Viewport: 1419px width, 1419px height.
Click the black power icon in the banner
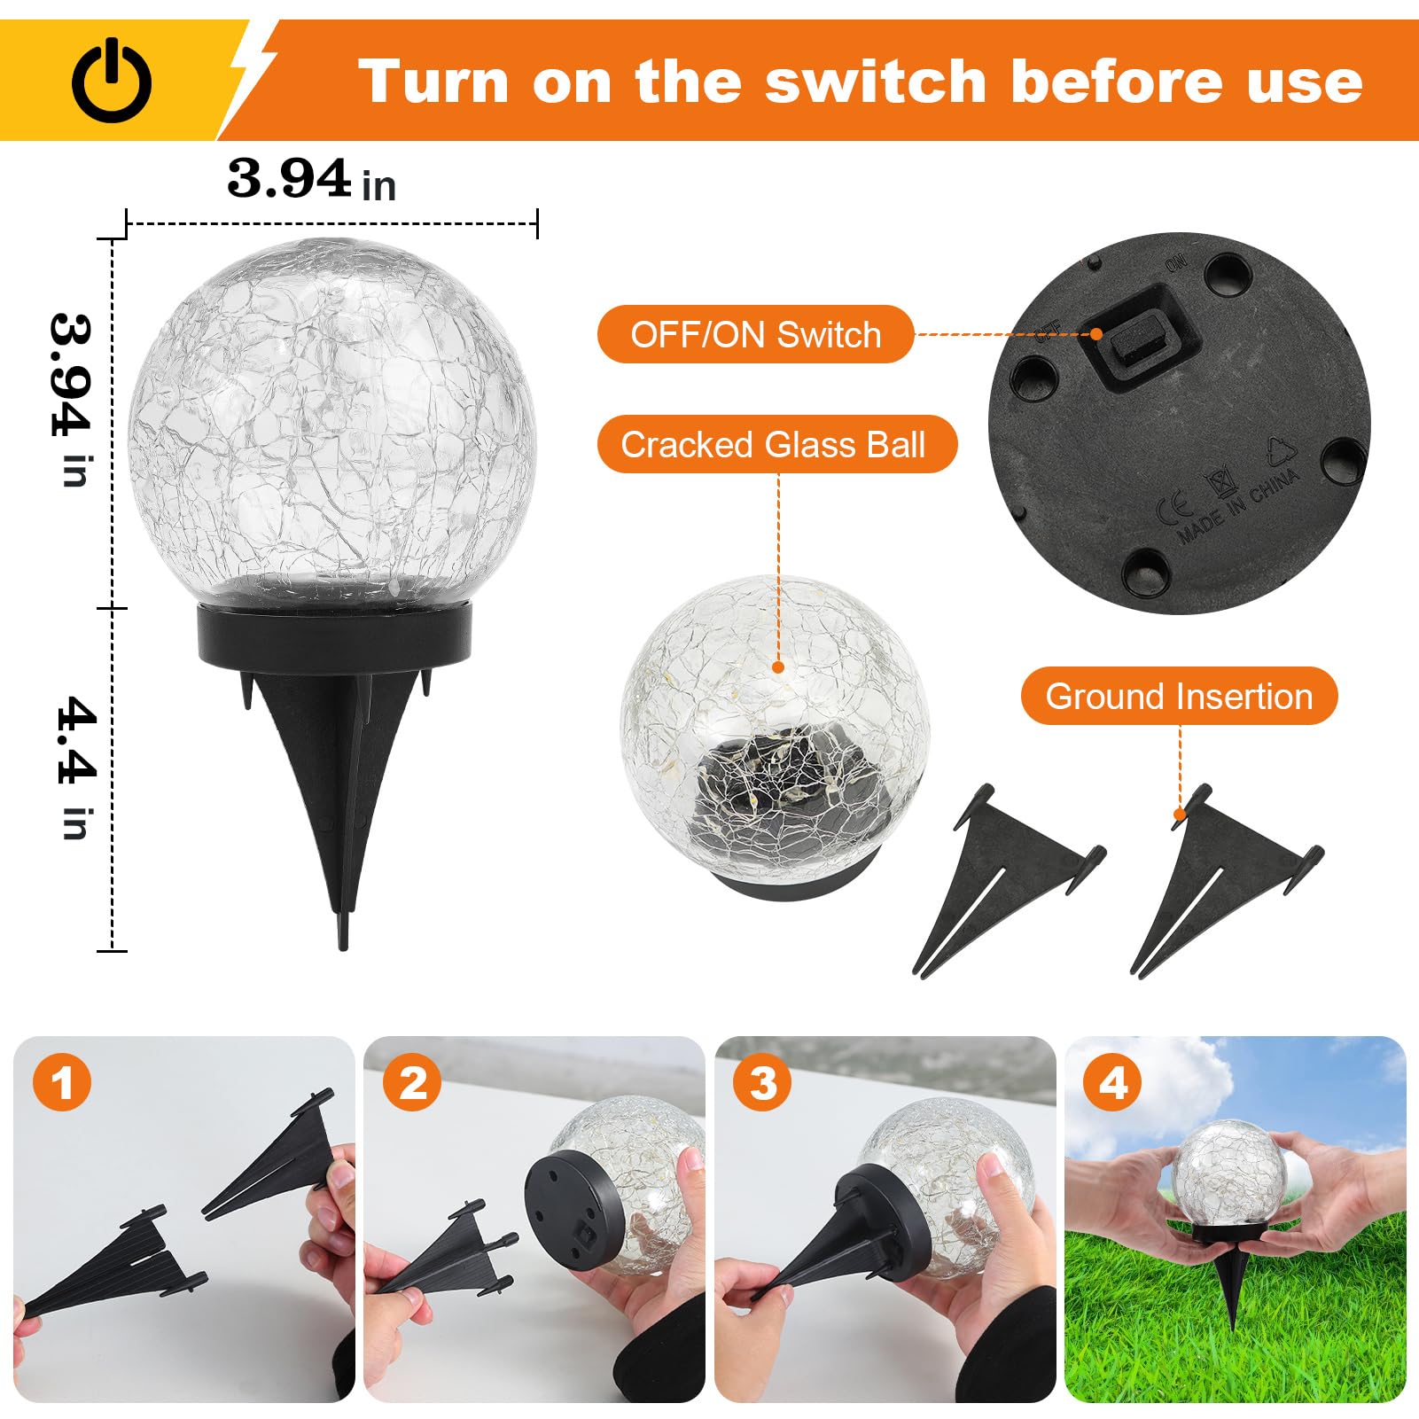(x=112, y=82)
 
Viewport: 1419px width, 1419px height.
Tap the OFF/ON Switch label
(x=755, y=335)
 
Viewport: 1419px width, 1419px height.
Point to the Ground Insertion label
(x=1178, y=697)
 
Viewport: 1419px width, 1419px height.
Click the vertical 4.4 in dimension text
(x=75, y=768)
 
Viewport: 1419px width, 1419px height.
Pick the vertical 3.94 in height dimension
(x=71, y=399)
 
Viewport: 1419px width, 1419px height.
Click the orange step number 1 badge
(x=62, y=1083)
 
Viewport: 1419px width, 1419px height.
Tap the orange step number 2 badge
(x=412, y=1083)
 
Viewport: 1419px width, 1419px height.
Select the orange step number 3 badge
(x=763, y=1083)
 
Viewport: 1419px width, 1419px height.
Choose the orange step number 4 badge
(x=1113, y=1083)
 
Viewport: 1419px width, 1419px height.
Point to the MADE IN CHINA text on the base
(x=1239, y=505)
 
